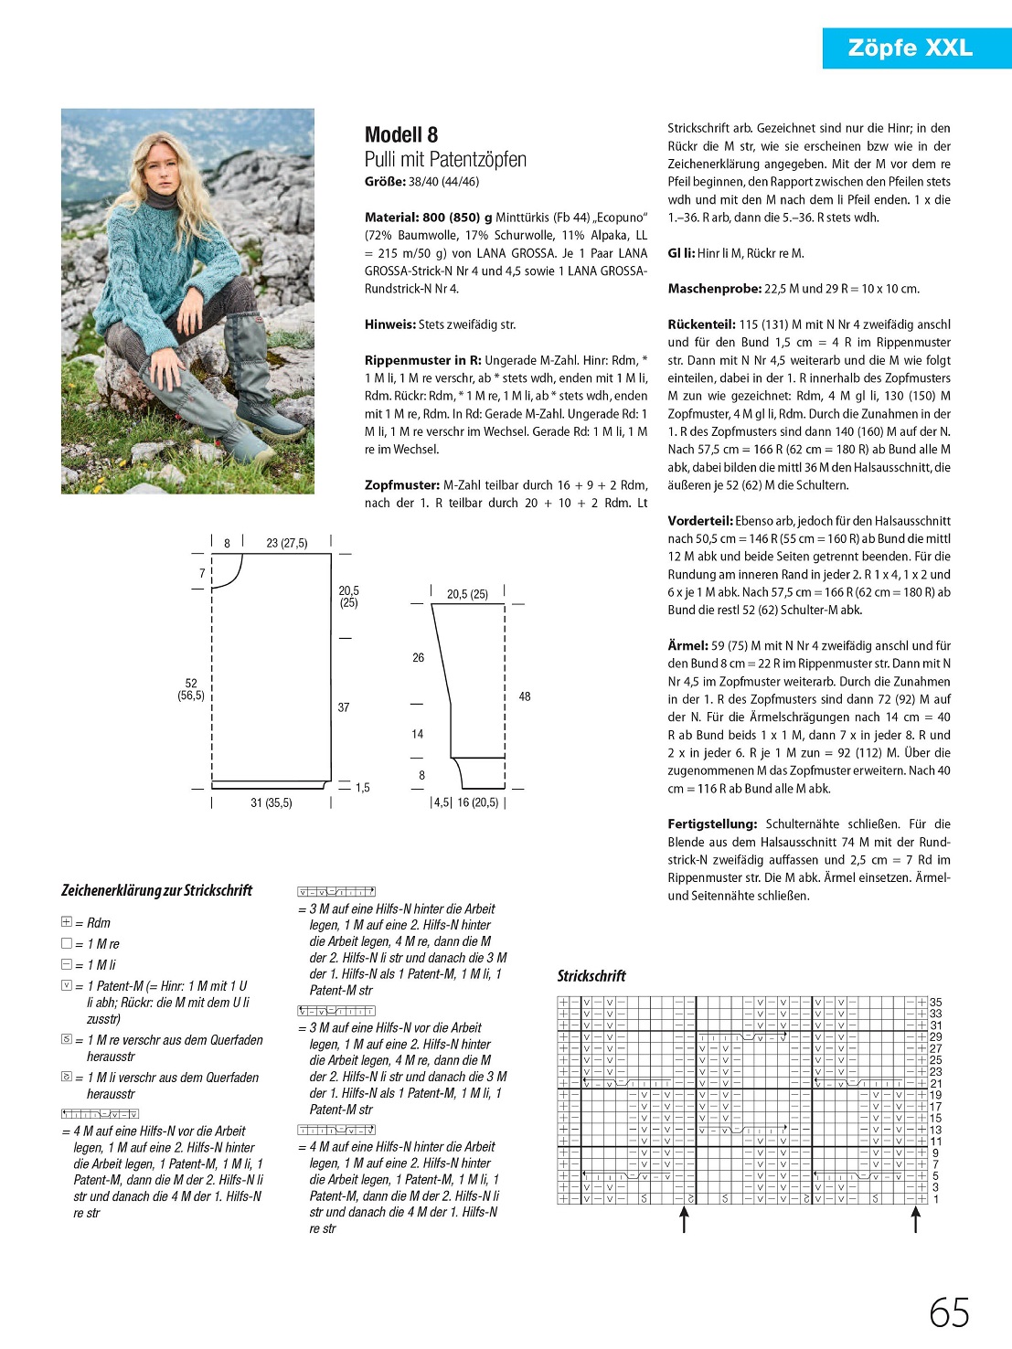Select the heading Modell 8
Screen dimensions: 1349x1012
pos(401,135)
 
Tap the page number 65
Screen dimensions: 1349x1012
pos(949,1313)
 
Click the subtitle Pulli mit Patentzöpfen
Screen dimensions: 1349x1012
pos(445,160)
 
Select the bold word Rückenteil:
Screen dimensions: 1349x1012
pos(701,324)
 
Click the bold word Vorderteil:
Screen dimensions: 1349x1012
pos(700,521)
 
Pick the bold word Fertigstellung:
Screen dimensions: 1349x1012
pos(712,824)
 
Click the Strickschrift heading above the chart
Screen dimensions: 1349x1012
pos(591,976)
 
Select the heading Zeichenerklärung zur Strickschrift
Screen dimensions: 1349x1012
pos(156,891)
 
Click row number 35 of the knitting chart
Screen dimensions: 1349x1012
pos(935,1003)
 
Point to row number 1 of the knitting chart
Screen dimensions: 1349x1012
pos(935,1199)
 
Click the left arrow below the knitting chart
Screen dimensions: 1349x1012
pos(684,1220)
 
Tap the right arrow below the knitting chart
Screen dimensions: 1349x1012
pos(915,1220)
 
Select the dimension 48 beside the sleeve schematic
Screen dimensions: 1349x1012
pos(525,696)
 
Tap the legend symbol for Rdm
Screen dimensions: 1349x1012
pos(67,922)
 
